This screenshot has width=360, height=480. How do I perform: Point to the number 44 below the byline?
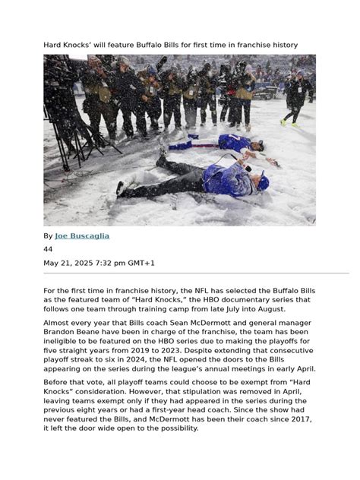pyautogui.click(x=48, y=249)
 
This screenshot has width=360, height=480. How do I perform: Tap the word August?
pyautogui.click(x=286, y=311)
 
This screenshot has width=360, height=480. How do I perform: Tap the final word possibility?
pyautogui.click(x=173, y=428)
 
